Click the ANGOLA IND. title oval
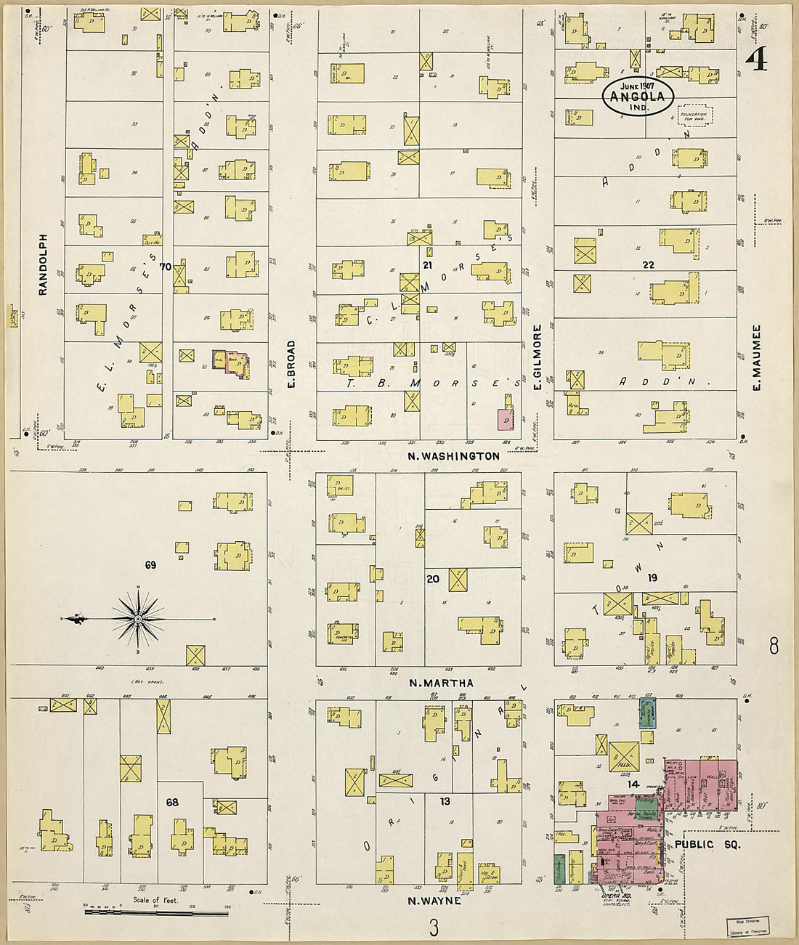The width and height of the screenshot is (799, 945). point(638,96)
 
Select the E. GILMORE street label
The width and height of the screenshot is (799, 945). point(538,357)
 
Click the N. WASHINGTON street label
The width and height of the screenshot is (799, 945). point(453,456)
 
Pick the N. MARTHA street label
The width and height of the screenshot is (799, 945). point(441,683)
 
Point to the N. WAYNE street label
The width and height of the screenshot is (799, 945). point(434,901)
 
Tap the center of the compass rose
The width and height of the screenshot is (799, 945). point(137,619)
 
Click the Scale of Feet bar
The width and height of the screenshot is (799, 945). point(157,912)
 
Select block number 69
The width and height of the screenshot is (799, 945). point(150,564)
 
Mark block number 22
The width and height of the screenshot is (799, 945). point(648,265)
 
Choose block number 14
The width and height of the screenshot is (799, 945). point(633,784)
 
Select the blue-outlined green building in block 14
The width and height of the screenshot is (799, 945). point(647,713)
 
